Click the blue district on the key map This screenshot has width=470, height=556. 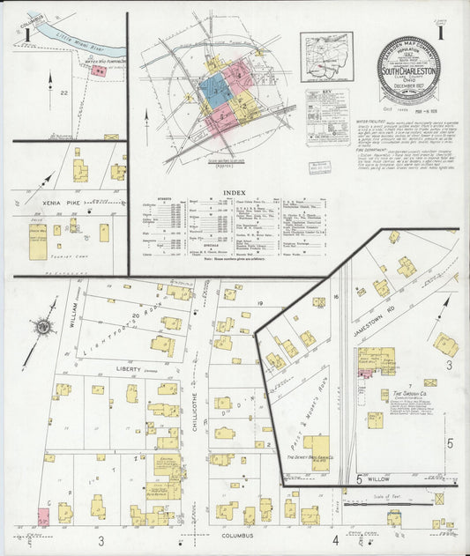(x=215, y=89)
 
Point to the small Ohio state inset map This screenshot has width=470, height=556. (x=325, y=56)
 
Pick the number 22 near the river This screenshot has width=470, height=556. (x=63, y=91)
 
